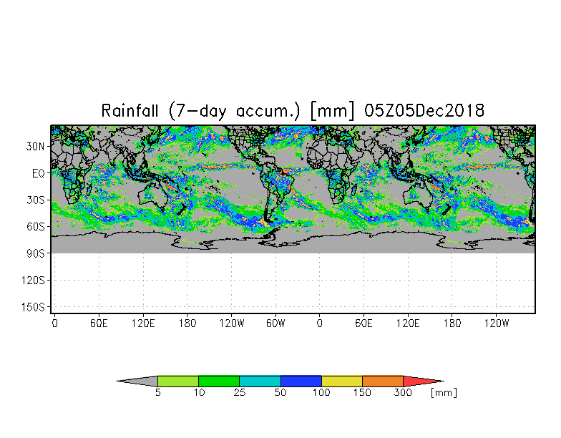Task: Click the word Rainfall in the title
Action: pyautogui.click(x=130, y=110)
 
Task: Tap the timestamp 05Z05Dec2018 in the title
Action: pyautogui.click(x=424, y=110)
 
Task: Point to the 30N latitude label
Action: pyautogui.click(x=35, y=146)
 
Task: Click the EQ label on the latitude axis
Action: pyautogui.click(x=39, y=173)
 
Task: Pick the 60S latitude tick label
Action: pyautogui.click(x=36, y=226)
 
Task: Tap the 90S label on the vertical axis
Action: pyautogui.click(x=36, y=253)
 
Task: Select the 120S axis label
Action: pyautogui.click(x=33, y=281)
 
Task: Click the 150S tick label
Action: pyautogui.click(x=33, y=307)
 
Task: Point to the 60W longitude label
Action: pyautogui.click(x=275, y=323)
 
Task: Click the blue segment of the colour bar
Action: pyautogui.click(x=301, y=381)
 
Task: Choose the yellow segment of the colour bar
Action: pyautogui.click(x=342, y=381)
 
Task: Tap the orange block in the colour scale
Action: pyautogui.click(x=382, y=381)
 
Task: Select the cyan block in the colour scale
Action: pyautogui.click(x=260, y=381)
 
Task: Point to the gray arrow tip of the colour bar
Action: pyautogui.click(x=137, y=381)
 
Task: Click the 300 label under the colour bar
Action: pyautogui.click(x=403, y=392)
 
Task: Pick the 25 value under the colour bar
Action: pyautogui.click(x=239, y=392)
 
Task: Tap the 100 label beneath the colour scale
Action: pyautogui.click(x=321, y=392)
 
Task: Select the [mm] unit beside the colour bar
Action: pyautogui.click(x=444, y=392)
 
